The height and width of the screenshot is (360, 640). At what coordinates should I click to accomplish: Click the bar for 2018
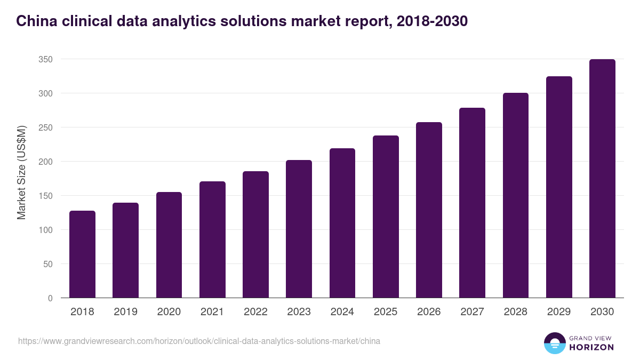tap(82, 254)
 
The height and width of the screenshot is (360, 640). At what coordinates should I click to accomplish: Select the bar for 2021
tap(212, 239)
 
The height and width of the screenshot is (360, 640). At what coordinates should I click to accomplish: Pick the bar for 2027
tap(472, 203)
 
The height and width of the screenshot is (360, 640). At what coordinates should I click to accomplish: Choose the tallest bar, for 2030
tap(602, 179)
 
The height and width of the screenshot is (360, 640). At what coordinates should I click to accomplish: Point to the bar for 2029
tap(559, 187)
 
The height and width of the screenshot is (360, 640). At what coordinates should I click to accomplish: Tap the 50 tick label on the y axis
tap(47, 264)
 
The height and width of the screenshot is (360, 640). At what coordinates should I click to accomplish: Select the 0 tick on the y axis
tap(50, 298)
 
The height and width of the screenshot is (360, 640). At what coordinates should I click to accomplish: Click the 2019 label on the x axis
tap(125, 312)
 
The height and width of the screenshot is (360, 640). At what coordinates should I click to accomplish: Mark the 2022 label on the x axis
tap(255, 312)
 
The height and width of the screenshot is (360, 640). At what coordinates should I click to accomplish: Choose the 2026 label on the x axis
tap(429, 312)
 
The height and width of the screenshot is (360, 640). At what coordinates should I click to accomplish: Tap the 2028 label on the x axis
tap(515, 312)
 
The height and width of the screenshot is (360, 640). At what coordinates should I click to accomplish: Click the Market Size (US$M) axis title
tap(21, 172)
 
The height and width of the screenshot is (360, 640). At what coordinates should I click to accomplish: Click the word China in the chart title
tap(35, 21)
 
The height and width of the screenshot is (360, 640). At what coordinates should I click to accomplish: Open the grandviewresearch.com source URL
tap(199, 341)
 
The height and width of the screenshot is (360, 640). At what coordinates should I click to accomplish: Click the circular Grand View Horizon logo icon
tap(554, 343)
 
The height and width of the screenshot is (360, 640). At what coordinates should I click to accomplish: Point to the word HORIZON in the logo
tap(592, 347)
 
